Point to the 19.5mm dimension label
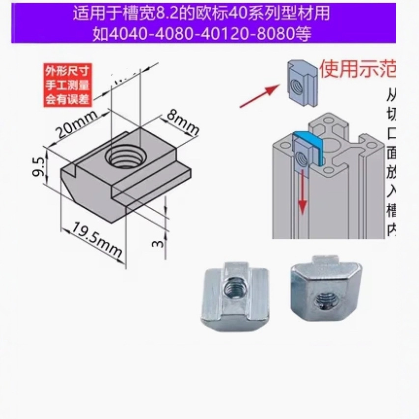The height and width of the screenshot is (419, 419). coord(96,240)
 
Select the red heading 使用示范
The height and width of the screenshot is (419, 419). coord(357,69)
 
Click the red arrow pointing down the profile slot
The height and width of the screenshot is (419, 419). coord(303,192)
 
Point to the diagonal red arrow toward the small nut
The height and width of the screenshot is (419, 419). coord(260,96)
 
